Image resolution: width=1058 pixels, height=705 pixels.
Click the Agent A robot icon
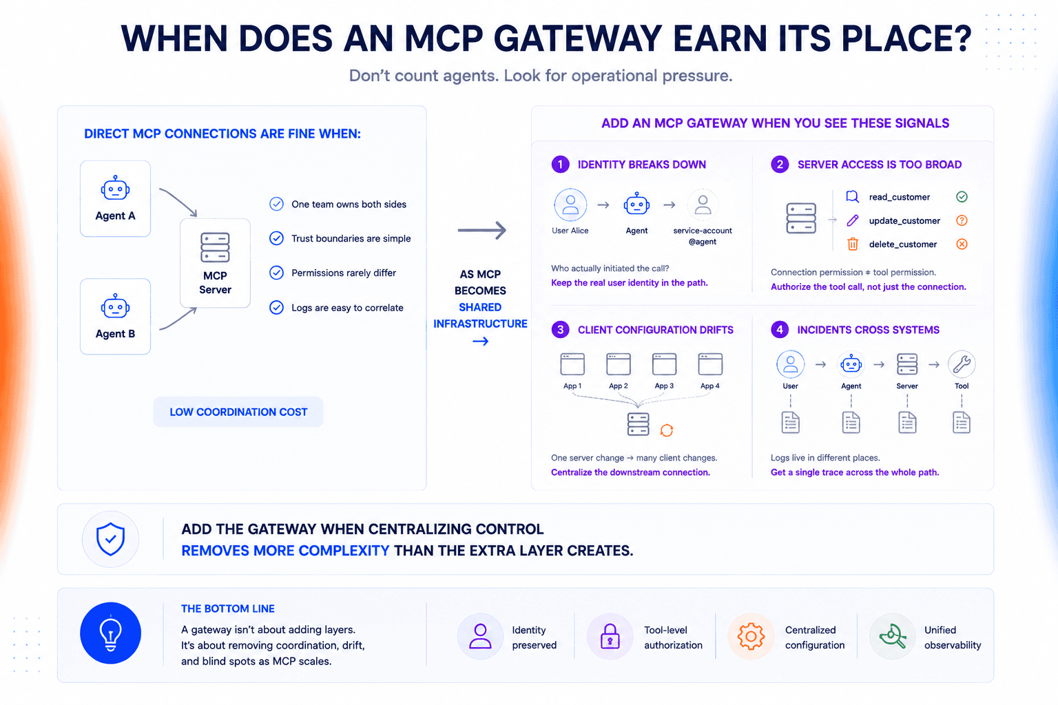tap(115, 188)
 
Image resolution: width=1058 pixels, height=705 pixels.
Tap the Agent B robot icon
tap(115, 306)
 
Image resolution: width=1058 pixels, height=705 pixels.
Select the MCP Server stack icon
tap(215, 247)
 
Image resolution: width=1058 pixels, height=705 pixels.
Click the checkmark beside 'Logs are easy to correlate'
tap(276, 307)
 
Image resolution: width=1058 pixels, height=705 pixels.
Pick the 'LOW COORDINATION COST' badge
tap(238, 412)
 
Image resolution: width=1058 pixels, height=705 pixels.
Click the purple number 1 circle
tap(560, 165)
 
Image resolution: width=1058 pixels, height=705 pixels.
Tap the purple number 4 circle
tap(780, 330)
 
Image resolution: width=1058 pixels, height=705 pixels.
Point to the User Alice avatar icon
tap(570, 205)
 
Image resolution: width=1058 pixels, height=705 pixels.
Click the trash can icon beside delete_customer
tap(853, 244)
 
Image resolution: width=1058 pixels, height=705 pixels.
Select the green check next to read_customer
tap(962, 197)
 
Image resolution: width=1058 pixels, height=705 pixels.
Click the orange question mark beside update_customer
tap(962, 220)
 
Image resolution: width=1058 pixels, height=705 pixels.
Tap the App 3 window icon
tap(664, 364)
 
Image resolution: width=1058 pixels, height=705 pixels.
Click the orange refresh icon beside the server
tap(667, 430)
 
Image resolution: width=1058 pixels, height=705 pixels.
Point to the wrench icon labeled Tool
tap(962, 364)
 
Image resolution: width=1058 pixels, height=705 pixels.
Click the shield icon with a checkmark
tap(110, 539)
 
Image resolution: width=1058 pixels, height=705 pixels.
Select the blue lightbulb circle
tap(110, 633)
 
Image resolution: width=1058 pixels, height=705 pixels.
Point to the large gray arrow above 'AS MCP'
tap(481, 231)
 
